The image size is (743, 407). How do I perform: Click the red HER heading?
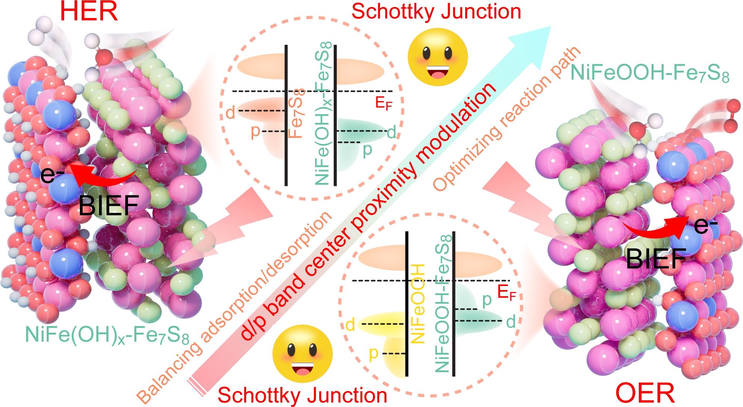[x=89, y=12]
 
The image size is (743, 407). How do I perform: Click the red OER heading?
[x=645, y=393]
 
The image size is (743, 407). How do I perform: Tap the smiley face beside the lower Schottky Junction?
[x=302, y=354]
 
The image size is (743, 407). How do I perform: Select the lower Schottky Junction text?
[x=302, y=395]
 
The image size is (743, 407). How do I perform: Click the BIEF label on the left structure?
[x=109, y=205]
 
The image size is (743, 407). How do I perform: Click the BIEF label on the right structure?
[x=656, y=258]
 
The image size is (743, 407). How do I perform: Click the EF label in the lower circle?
[x=506, y=293]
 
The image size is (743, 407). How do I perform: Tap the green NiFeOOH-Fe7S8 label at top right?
[x=650, y=73]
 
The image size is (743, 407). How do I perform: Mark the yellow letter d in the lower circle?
[x=350, y=325]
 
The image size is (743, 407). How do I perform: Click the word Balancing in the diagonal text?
[x=168, y=370]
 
